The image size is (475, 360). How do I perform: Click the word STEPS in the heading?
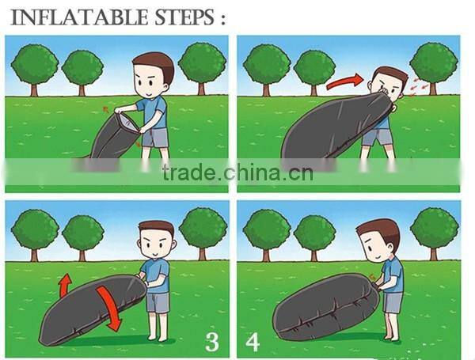click(x=184, y=17)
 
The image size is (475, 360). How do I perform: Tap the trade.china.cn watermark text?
click(x=237, y=172)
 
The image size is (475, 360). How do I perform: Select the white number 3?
click(x=211, y=342)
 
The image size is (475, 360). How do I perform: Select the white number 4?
click(x=253, y=342)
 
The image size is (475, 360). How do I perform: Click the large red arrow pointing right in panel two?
click(x=344, y=81)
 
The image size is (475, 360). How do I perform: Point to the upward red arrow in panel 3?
click(x=65, y=285)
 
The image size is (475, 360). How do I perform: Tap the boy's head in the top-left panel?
click(x=154, y=75)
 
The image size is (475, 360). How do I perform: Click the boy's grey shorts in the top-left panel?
click(x=156, y=138)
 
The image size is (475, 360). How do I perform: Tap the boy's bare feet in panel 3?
click(x=158, y=337)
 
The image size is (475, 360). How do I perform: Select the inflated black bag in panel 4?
click(x=325, y=307)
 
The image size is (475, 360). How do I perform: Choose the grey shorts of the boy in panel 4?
click(x=393, y=302)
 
